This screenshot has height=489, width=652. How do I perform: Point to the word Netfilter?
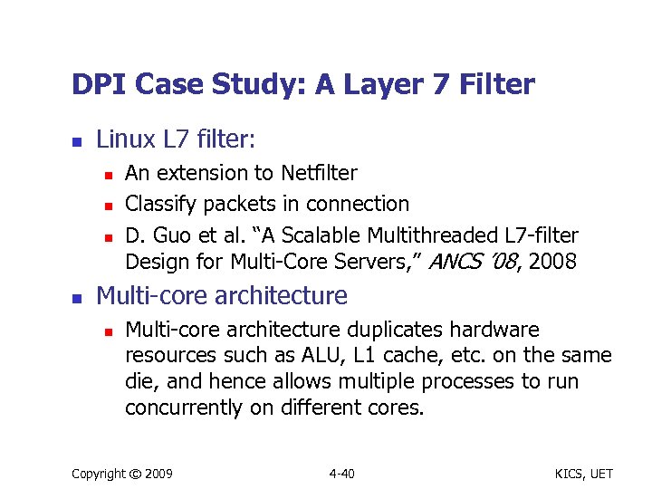point(319,172)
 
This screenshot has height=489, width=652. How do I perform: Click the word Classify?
point(156,204)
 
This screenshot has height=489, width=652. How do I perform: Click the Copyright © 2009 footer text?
point(122,474)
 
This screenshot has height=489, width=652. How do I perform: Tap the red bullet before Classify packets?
point(107,205)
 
